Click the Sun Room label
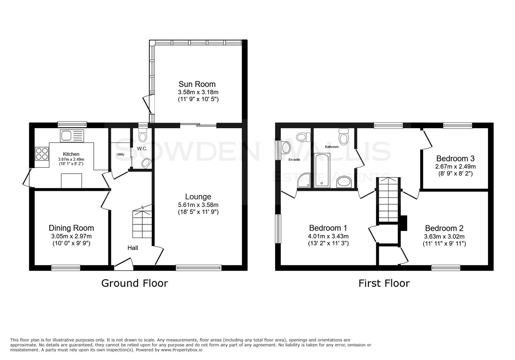(197, 84)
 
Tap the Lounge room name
(198, 197)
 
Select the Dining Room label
(71, 228)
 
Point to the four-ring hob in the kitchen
(42, 154)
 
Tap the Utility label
(120, 154)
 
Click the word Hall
(132, 248)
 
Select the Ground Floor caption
(134, 283)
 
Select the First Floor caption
(384, 283)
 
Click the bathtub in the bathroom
(322, 170)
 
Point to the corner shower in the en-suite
(304, 180)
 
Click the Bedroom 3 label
(455, 159)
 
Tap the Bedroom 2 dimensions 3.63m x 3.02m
(444, 237)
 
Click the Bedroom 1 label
(328, 228)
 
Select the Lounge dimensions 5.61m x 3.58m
(198, 205)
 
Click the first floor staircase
(388, 200)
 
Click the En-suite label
(294, 160)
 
